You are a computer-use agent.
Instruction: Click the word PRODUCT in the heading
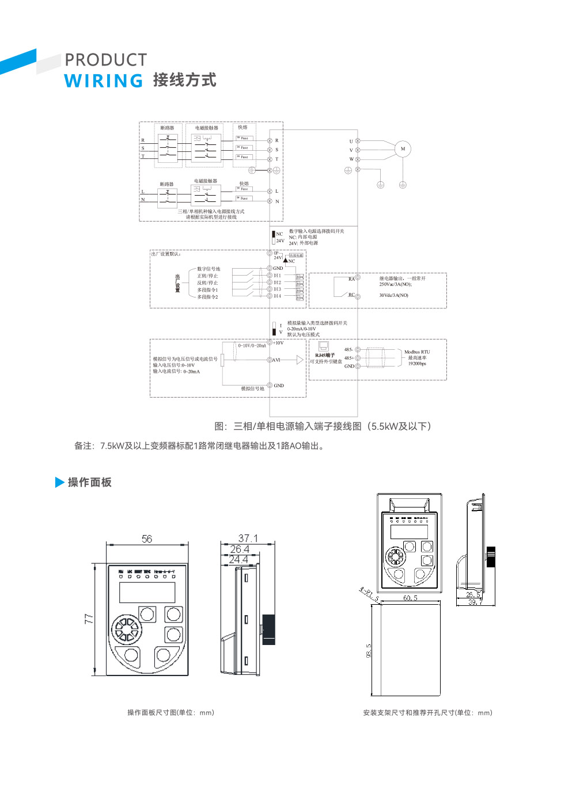[105, 60]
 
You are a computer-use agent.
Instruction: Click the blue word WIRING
[104, 81]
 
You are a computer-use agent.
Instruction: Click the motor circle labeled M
[403, 149]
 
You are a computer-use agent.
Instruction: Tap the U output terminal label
[351, 142]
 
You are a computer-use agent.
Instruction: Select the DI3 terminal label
[278, 289]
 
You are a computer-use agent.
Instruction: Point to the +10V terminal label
[278, 343]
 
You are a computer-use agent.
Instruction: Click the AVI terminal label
[276, 360]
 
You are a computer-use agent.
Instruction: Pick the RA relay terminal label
[351, 279]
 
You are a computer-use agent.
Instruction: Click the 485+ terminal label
[349, 358]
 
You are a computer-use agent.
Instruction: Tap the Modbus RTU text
[417, 352]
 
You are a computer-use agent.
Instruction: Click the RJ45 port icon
[324, 346]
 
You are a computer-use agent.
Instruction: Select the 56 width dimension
[147, 539]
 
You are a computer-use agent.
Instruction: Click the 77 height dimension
[89, 619]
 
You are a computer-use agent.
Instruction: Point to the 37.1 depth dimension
[248, 538]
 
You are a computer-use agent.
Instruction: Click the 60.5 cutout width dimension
[410, 598]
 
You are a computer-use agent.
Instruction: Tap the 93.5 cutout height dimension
[369, 650]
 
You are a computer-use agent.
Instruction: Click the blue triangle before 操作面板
[59, 482]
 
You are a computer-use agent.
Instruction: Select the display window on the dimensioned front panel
[147, 592]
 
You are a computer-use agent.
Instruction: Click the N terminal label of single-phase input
[277, 201]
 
